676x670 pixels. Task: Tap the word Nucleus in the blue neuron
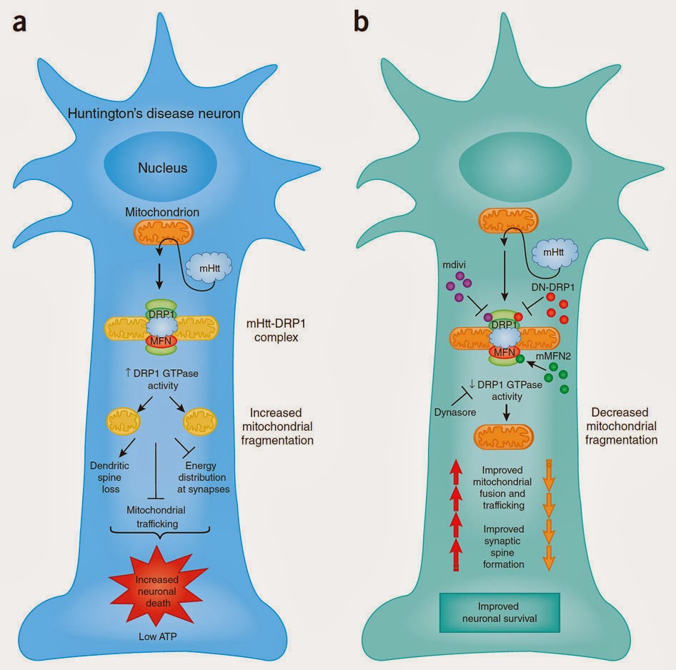164,169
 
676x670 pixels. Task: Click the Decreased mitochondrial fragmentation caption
623,426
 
